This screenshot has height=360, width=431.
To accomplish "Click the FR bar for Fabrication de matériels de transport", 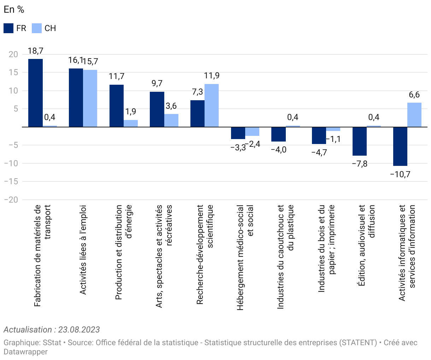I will [35, 93].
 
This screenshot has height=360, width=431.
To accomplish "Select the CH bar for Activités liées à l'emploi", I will [90, 98].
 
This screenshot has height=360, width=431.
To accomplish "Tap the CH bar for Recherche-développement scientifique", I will [212, 105].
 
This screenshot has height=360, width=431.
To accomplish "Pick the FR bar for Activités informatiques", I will [400, 146].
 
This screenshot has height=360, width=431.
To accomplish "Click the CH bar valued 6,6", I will [414, 115].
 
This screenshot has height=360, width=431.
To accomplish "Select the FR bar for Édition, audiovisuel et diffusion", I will [360, 141].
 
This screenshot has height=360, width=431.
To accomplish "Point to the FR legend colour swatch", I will [8, 28].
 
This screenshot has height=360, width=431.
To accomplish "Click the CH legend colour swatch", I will [37, 28].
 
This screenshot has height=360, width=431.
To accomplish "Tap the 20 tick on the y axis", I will [13, 54].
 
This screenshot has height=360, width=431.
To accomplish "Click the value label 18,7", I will [35, 51].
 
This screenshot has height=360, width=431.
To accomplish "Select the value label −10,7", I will [400, 174].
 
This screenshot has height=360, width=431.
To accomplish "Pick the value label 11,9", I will [212, 76].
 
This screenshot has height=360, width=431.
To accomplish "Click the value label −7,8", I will [360, 164].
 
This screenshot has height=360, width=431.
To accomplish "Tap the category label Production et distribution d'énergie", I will [124, 252].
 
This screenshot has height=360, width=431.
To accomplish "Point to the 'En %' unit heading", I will [14, 10].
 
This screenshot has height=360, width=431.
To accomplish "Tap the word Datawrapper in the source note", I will [25, 352].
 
